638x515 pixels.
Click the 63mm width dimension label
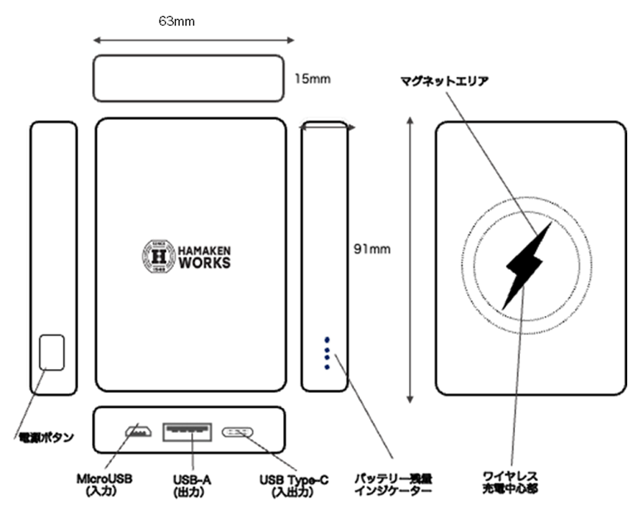tap(177, 22)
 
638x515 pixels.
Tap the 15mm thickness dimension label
tap(313, 78)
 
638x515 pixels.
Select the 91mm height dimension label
tap(373, 249)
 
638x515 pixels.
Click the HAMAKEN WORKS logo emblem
tap(158, 255)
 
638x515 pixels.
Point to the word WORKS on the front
tap(204, 263)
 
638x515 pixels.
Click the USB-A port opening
tap(188, 432)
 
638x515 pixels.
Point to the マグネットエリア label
tap(445, 81)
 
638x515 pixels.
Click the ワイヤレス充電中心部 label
tap(511, 482)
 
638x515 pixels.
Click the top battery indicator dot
tap(327, 340)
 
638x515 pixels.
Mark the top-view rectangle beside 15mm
tap(188, 78)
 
